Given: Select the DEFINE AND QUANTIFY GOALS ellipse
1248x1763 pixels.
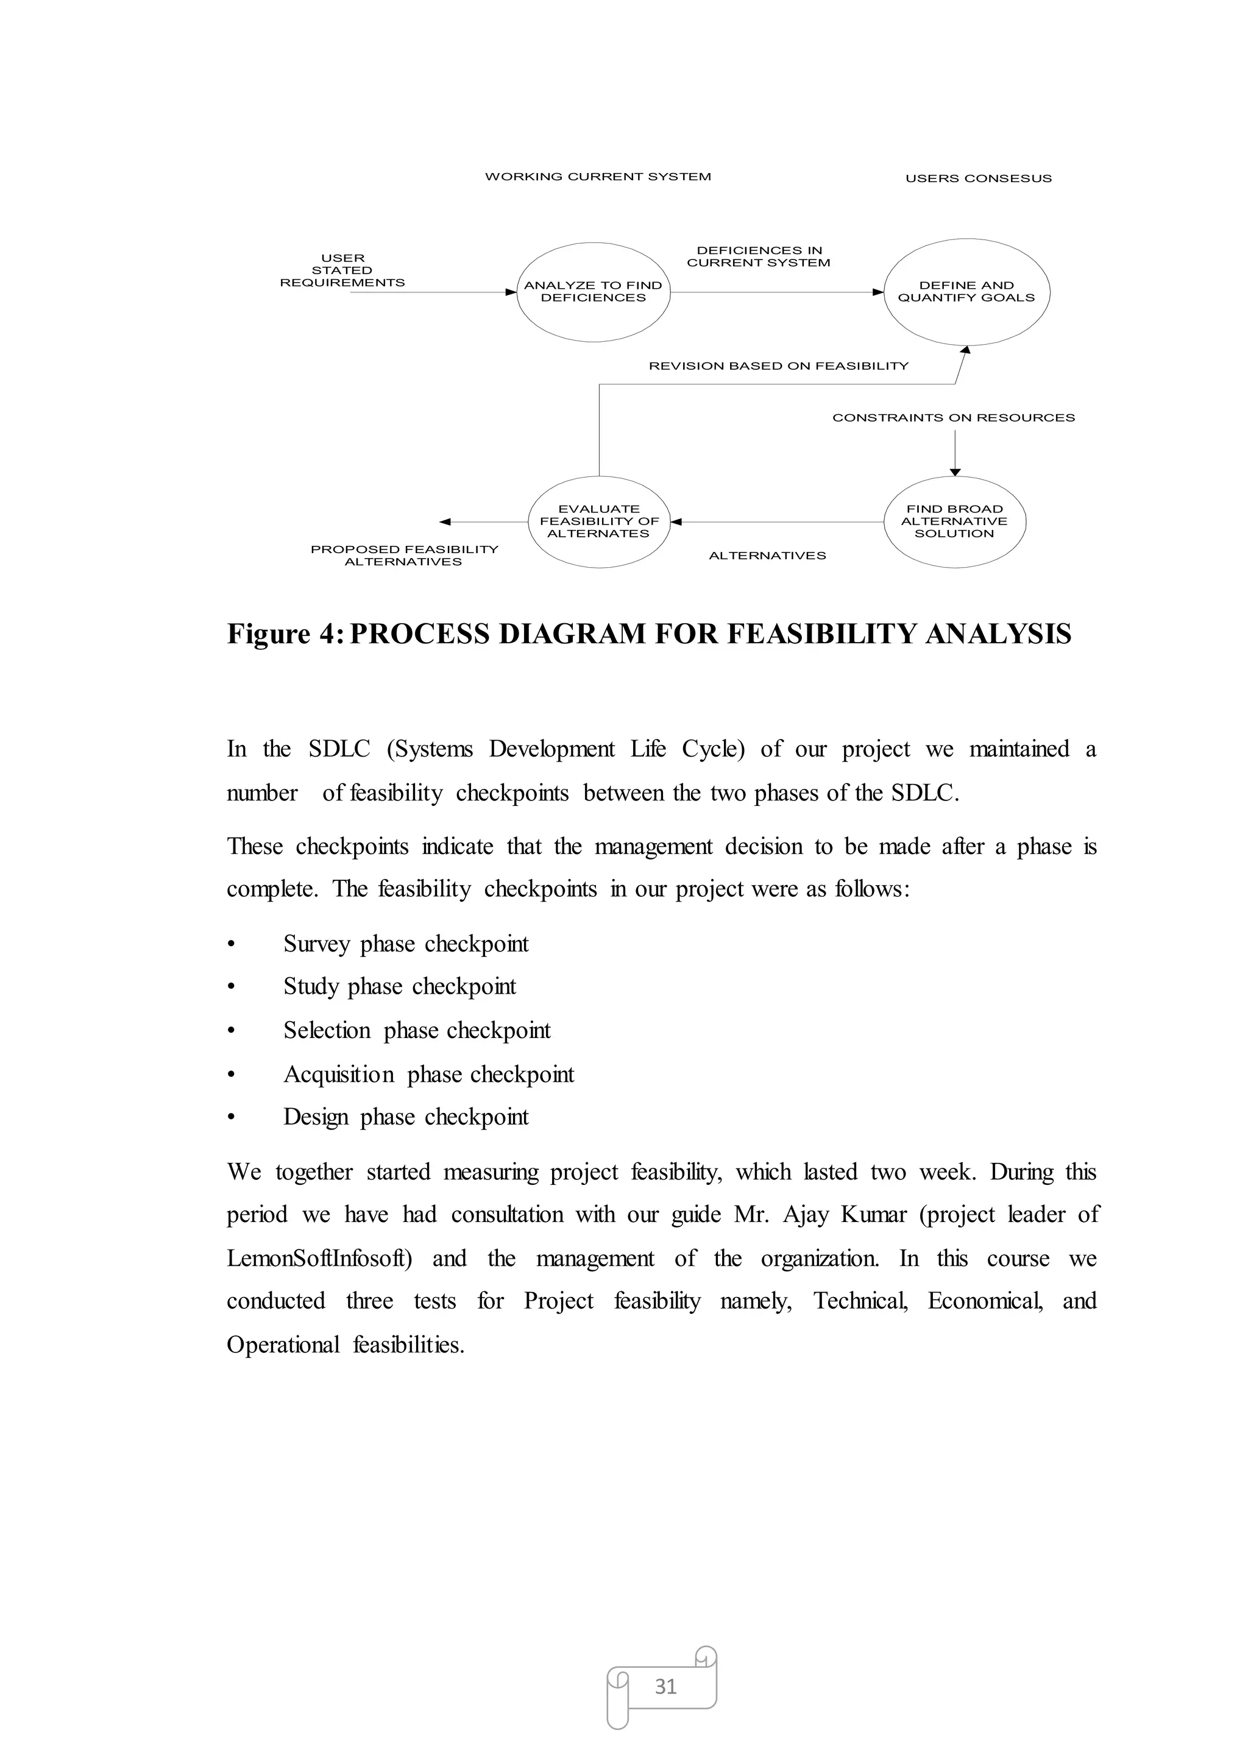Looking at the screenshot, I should pos(966,292).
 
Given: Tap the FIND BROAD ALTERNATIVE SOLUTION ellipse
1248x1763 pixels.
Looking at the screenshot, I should pos(954,521).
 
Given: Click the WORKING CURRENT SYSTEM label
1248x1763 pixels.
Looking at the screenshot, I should pos(598,177).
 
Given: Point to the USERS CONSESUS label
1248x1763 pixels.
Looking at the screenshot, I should pos(977,178).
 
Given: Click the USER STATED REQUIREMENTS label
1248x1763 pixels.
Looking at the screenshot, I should pos(342,270).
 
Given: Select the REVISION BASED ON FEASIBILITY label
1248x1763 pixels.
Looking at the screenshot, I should pos(778,366).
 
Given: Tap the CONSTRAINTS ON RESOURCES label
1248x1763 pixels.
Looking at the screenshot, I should pos(953,418).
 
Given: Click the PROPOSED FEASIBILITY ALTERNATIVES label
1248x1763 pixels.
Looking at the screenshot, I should pos(404,556).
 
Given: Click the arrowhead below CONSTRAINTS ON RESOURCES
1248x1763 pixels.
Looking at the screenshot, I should pos(955,472).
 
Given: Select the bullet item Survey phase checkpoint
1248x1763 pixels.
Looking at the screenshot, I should pos(406,944).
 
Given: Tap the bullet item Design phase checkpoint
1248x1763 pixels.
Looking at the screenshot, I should pos(406,1117).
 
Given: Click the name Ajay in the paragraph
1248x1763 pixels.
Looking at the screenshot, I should pos(806,1215).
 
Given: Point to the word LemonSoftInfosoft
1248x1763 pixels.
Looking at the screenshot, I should pos(319,1259).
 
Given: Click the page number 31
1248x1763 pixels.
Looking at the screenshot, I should pos(665,1686).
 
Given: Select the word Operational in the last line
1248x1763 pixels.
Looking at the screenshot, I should pos(283,1344).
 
